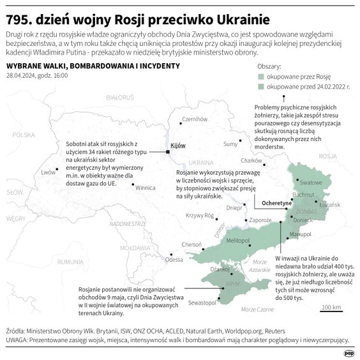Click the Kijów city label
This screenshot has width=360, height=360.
[169, 146]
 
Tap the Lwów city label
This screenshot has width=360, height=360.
[48, 172]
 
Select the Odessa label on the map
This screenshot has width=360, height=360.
[174, 260]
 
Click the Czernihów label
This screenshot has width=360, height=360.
[195, 119]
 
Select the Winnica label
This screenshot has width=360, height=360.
[146, 188]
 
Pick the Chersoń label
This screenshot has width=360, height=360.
[192, 244]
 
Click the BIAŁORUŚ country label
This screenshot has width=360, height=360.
[120, 98]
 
